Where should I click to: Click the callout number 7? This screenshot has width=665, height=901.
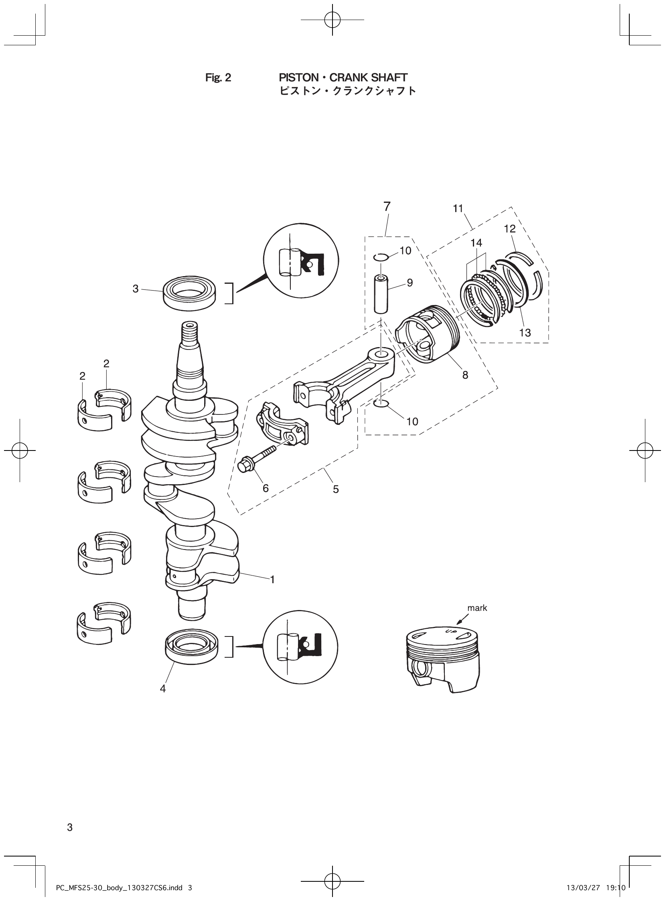(386, 207)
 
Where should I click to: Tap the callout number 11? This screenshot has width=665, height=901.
(458, 208)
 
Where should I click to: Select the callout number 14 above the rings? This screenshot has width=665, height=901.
(476, 243)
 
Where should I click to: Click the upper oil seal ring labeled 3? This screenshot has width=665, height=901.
(189, 293)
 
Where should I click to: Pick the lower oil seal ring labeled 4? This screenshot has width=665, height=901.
(191, 646)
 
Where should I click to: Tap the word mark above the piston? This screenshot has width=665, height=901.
(477, 608)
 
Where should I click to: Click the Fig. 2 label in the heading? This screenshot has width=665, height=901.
(218, 78)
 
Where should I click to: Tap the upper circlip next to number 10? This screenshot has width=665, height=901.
(381, 257)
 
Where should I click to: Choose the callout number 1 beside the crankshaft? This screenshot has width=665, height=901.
(272, 580)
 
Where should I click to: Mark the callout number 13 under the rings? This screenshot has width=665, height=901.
(525, 333)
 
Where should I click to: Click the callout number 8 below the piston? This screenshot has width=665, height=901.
(465, 375)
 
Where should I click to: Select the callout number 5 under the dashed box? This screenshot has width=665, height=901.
(336, 489)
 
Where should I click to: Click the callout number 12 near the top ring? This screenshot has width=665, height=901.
(510, 229)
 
